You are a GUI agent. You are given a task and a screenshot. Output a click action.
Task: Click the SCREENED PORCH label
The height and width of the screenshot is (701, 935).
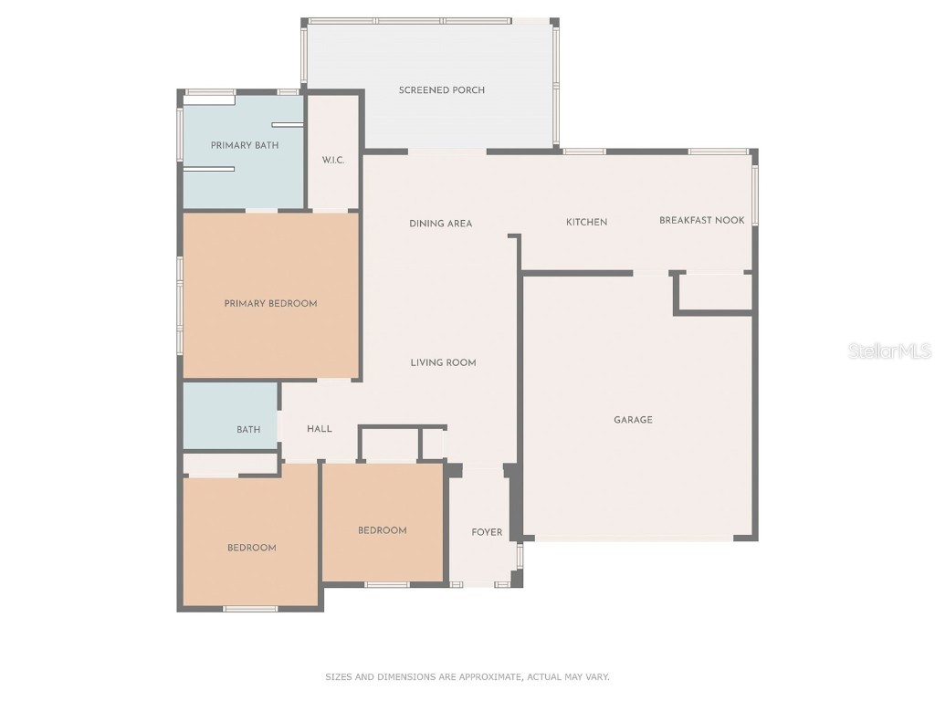(x=441, y=90)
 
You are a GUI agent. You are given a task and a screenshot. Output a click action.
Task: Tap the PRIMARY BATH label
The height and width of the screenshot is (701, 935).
(x=245, y=145)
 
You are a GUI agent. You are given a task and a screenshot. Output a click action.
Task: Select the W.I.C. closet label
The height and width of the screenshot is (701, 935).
(x=332, y=161)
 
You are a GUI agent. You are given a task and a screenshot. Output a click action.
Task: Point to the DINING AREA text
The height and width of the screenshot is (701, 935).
(x=440, y=224)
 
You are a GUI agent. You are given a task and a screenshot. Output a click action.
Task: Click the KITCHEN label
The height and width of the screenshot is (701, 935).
(x=586, y=223)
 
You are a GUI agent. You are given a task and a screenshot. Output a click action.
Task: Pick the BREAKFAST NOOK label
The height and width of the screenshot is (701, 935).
(x=701, y=221)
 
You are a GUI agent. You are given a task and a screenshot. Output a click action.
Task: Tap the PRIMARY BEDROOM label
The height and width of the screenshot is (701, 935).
(x=270, y=304)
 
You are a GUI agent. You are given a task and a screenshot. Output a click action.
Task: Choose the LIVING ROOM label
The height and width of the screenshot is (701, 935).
(x=443, y=363)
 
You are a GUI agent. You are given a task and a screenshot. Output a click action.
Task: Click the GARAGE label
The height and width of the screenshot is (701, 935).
(x=633, y=421)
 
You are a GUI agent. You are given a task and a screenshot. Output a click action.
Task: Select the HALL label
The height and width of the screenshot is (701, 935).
(x=320, y=429)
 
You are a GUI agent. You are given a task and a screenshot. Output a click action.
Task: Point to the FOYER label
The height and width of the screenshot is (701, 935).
(x=487, y=532)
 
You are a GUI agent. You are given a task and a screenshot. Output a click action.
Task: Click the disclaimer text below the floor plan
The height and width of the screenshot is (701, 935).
(x=467, y=677)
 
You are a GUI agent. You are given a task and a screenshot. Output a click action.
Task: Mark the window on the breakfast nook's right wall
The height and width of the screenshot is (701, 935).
(x=754, y=195)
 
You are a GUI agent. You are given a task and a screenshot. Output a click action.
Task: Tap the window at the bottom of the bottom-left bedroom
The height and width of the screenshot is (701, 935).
(x=250, y=609)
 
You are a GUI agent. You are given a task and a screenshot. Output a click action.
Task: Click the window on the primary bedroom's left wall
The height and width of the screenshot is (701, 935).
(x=180, y=305)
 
